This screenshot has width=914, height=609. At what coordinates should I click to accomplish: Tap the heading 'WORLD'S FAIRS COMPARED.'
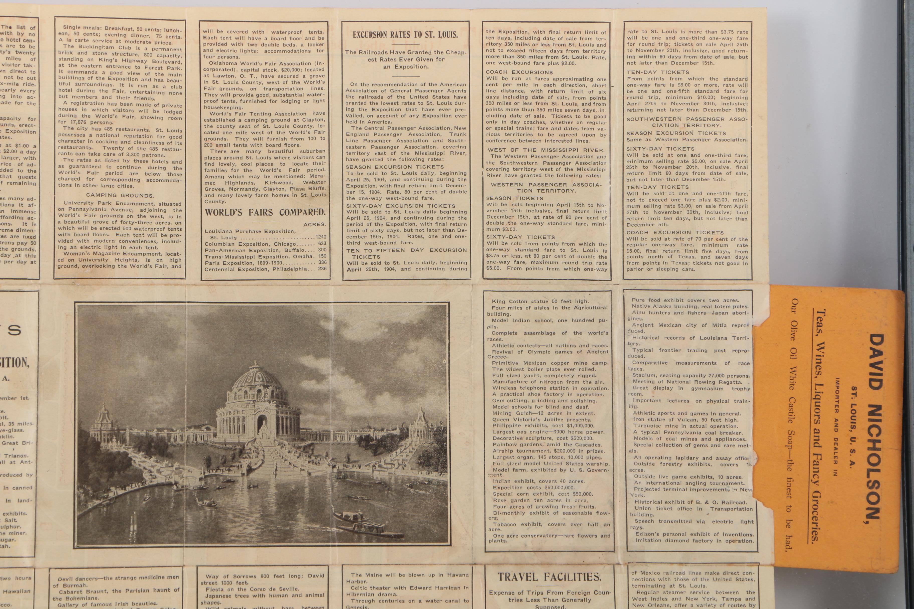[x=265, y=212]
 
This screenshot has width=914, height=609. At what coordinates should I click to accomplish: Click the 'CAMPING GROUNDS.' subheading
[x=120, y=195]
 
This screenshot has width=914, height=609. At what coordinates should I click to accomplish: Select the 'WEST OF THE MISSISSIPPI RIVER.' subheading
[x=546, y=150]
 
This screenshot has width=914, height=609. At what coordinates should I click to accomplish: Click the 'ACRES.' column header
[x=315, y=224]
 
